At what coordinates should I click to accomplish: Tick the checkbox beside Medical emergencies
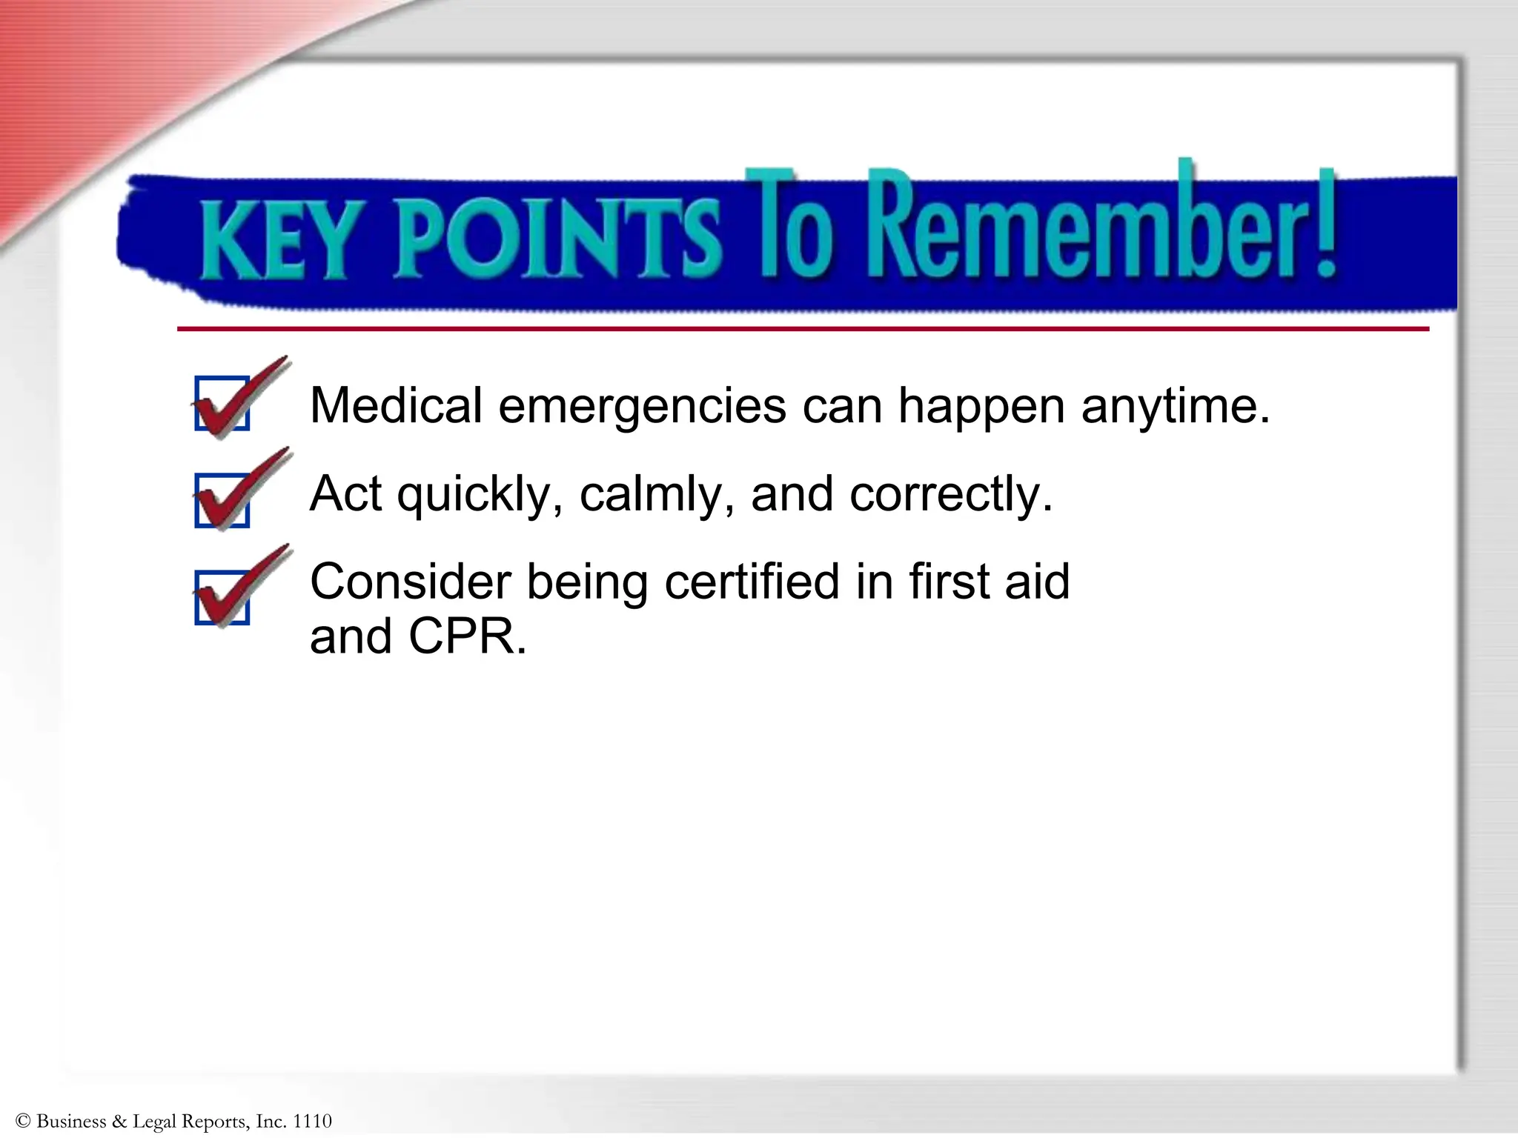[222, 404]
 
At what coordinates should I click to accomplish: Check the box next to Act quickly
[222, 500]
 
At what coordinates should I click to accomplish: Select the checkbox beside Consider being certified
[222, 597]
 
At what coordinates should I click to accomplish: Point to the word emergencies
[642, 407]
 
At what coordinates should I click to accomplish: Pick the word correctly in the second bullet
[950, 495]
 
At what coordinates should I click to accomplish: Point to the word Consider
[410, 582]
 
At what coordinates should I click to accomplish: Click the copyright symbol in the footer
[22, 1121]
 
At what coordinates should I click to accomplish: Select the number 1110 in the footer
[312, 1121]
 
